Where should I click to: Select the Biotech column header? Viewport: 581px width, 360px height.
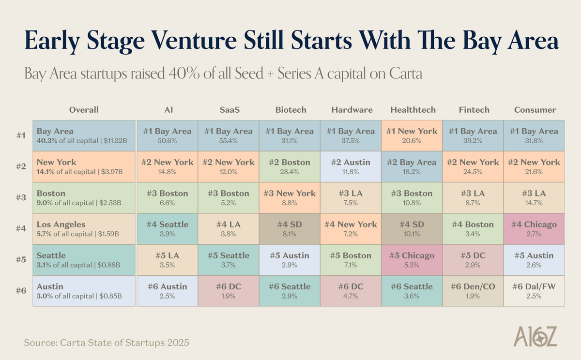coord(290,110)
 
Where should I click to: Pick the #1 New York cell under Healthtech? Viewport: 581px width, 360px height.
coord(411,135)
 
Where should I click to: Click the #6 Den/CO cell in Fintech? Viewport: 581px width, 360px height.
coord(473,291)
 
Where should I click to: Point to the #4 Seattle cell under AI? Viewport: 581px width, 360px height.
coord(168,229)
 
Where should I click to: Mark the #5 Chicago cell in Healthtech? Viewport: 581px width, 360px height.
coord(411,260)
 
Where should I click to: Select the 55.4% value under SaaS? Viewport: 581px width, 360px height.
coord(229,140)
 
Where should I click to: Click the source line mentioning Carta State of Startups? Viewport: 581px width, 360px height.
coord(107,343)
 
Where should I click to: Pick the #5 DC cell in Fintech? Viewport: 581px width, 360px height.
coord(473,260)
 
